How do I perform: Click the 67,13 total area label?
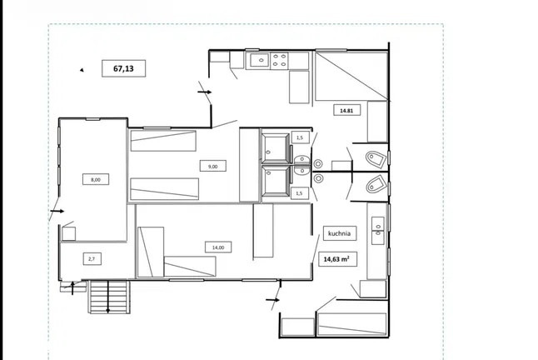point(123,68)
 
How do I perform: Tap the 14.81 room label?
point(346,111)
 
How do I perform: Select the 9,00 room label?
point(212,167)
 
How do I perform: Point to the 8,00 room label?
point(96,179)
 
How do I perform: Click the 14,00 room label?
point(218,247)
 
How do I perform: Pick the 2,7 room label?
point(92,259)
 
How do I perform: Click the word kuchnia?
point(339,233)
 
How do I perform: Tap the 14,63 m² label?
point(336,259)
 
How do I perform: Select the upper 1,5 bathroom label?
point(300,137)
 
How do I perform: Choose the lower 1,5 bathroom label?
point(299,193)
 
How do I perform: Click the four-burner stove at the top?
point(279,60)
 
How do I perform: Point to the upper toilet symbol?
point(376,159)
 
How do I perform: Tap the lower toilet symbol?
point(376,184)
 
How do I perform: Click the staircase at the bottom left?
point(109,297)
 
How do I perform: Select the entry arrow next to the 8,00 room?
point(57,211)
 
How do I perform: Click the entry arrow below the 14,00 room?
point(273,300)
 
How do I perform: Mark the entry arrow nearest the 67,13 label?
point(205,92)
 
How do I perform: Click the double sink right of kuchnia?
point(378,231)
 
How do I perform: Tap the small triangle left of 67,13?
point(82,70)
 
